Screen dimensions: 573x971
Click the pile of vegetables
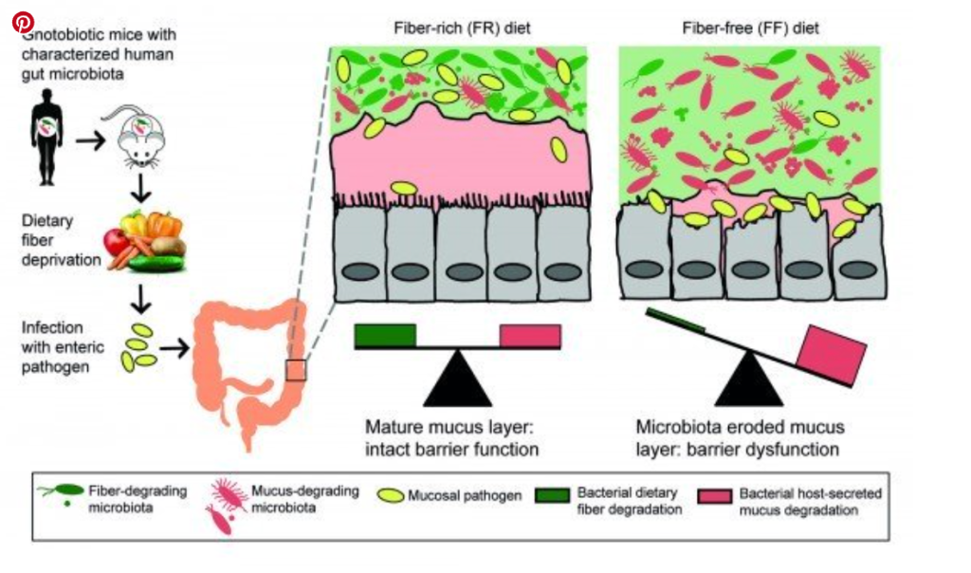click(145, 239)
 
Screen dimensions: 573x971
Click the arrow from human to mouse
click(91, 139)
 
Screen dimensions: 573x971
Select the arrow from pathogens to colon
click(173, 348)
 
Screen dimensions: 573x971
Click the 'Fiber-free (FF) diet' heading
click(750, 28)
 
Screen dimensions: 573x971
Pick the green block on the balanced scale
click(385, 335)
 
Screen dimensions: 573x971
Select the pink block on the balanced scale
click(530, 336)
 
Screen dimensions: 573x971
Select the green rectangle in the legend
click(553, 496)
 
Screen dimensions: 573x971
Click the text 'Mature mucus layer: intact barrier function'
click(453, 436)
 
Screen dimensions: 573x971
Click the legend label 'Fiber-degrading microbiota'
click(137, 500)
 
